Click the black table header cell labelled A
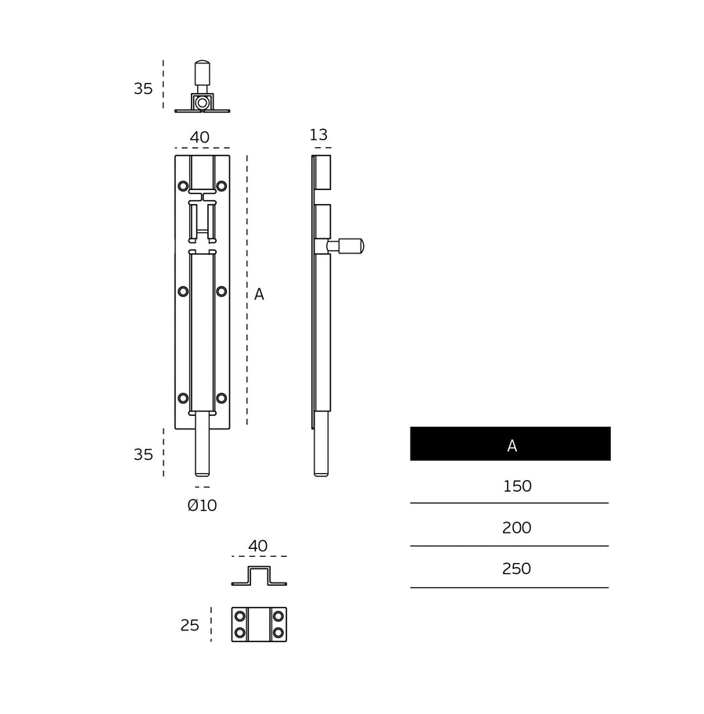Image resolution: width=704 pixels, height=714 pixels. click(x=510, y=444)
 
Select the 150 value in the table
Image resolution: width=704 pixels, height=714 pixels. click(x=517, y=486)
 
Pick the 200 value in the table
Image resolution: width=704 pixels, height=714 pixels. click(x=517, y=528)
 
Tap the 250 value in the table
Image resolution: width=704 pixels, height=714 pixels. click(x=517, y=569)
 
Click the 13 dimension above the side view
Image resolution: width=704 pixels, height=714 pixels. click(x=318, y=135)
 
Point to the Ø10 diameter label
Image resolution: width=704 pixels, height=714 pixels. click(x=202, y=506)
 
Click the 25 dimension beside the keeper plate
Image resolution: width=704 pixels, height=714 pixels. click(x=190, y=626)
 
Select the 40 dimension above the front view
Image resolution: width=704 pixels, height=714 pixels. click(x=199, y=138)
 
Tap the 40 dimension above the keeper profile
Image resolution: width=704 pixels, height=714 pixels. click(x=258, y=547)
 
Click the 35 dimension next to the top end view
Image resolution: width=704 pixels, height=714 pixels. click(x=143, y=89)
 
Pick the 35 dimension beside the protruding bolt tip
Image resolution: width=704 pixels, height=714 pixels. click(x=143, y=455)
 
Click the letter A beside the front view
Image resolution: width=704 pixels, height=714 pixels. click(x=259, y=295)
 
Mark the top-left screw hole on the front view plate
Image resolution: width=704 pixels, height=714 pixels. click(x=183, y=186)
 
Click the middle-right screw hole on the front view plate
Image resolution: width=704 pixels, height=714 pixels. click(x=221, y=292)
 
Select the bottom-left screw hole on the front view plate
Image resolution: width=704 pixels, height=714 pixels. click(x=183, y=398)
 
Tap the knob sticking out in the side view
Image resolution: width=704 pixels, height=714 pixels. click(x=350, y=246)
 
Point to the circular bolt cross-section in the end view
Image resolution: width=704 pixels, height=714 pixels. click(x=202, y=102)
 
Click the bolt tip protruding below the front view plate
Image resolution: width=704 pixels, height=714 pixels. click(x=202, y=454)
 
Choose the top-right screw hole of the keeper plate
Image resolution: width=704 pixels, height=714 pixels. click(x=278, y=616)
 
